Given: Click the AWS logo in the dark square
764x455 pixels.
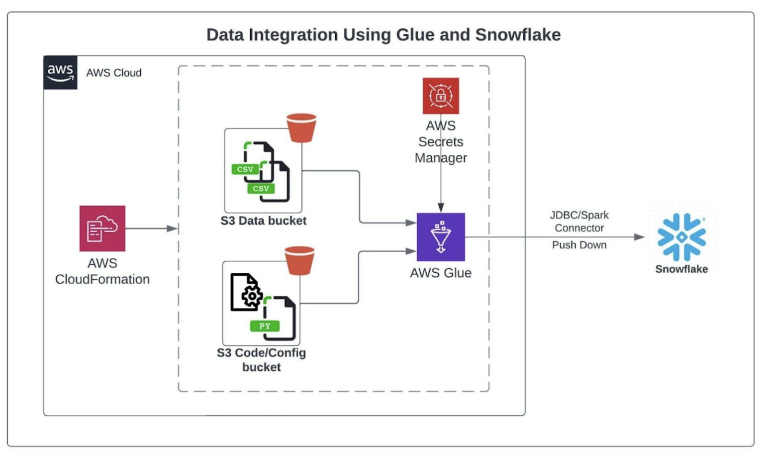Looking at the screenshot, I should (60, 73).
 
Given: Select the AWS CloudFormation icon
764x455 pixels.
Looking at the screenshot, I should (102, 228).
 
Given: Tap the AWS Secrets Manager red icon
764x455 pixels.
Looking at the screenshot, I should (441, 96).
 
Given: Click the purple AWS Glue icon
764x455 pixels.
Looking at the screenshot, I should (441, 237).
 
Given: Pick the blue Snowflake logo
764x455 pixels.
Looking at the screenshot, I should (681, 237).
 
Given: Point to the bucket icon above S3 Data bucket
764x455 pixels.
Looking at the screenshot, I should (301, 128).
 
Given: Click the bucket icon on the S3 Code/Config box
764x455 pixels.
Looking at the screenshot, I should (299, 260).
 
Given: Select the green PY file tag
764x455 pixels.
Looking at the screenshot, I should (265, 326).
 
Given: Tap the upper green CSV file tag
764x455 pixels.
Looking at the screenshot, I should (245, 169).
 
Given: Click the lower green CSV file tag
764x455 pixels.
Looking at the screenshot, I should (261, 189).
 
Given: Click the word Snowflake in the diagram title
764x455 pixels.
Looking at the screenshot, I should (517, 35).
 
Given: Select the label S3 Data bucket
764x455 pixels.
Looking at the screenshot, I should (264, 221).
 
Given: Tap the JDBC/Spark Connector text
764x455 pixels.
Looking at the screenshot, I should (579, 222).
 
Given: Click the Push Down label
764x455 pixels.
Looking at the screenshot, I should (579, 245).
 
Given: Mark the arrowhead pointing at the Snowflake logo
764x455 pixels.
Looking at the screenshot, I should (640, 237).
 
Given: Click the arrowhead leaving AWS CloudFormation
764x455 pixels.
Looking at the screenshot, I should (172, 228).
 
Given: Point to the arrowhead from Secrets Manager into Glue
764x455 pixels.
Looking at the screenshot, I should (441, 208).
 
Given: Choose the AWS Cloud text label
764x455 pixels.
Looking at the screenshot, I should (114, 73).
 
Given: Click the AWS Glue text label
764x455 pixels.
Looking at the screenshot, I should (441, 273).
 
